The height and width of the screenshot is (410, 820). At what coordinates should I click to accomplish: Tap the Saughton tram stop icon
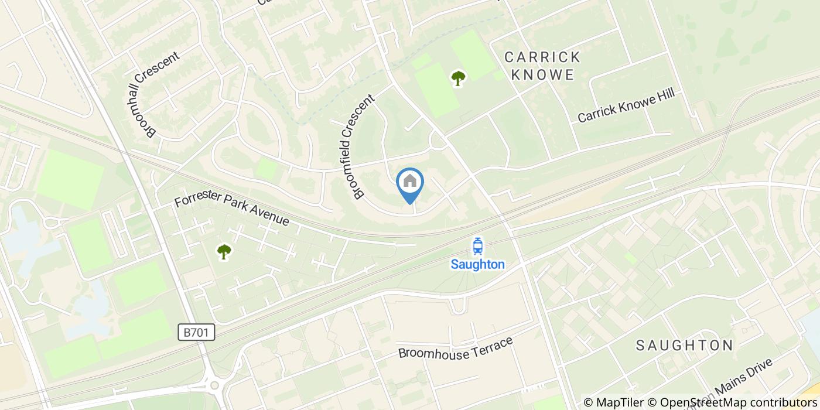point(477,246)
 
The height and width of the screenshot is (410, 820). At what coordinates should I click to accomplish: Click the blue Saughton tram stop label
point(477,264)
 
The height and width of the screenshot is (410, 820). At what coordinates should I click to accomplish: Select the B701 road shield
point(196,333)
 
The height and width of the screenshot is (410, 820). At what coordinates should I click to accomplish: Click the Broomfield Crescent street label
point(355,148)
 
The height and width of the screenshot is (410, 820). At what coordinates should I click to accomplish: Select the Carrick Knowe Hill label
point(626,105)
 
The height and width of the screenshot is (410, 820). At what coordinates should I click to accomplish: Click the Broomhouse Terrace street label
point(455,347)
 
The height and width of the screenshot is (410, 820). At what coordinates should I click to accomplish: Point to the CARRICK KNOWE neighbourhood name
point(542,66)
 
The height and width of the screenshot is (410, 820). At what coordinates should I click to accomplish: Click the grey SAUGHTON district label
point(684,345)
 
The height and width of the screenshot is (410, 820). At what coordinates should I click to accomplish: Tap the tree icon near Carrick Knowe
point(458,78)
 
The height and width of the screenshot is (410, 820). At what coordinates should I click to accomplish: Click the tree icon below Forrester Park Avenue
point(224,251)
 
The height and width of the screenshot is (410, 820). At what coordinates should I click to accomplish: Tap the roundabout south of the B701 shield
point(214,385)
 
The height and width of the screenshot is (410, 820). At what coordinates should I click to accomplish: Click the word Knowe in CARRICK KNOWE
point(542,74)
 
